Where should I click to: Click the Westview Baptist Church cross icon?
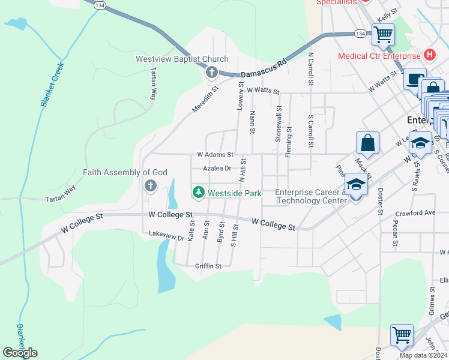pyautogui.click(x=211, y=73)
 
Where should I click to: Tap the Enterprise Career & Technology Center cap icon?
pyautogui.click(x=356, y=185)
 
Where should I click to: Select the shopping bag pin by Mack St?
pyautogui.click(x=367, y=143)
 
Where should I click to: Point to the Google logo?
pyautogui.click(x=20, y=352)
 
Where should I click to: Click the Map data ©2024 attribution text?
pyautogui.click(x=423, y=355)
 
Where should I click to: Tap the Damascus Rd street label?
pyautogui.click(x=264, y=68)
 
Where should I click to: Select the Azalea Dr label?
pyautogui.click(x=217, y=169)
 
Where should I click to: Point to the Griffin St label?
pyautogui.click(x=208, y=266)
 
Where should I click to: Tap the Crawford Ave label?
pyautogui.click(x=415, y=213)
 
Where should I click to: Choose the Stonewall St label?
pyautogui.click(x=279, y=124)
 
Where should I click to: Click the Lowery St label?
pyautogui.click(x=240, y=95)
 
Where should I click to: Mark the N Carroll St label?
pyautogui.click(x=311, y=71)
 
